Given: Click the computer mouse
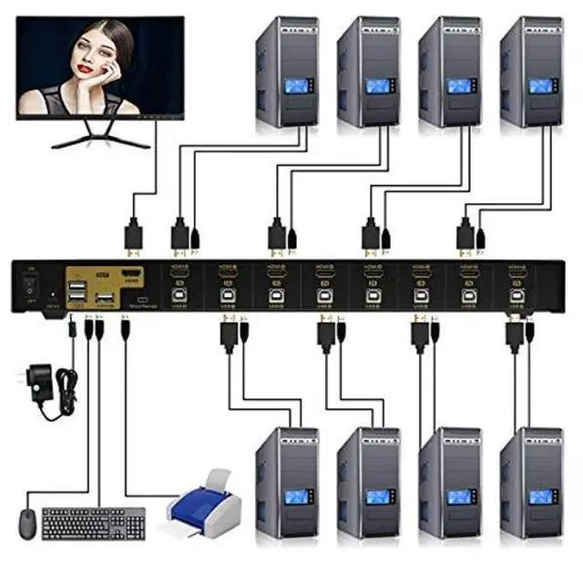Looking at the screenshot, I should click(x=26, y=524).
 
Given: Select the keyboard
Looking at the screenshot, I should click(x=93, y=523).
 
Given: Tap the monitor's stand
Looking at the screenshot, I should click(x=100, y=136).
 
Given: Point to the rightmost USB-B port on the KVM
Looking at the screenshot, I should click(x=517, y=294).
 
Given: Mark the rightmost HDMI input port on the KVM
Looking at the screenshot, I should click(x=517, y=273).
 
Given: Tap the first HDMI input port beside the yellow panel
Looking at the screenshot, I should click(x=179, y=273).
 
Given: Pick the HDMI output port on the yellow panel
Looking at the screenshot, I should click(x=133, y=277).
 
